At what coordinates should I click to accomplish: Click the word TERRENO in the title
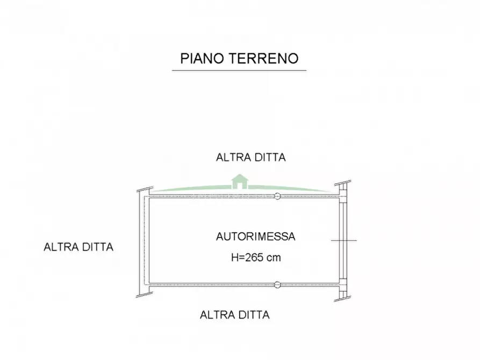click(263, 59)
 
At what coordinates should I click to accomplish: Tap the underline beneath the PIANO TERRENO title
click(239, 70)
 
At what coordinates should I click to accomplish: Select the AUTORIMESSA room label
click(256, 236)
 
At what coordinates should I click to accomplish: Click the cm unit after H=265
click(274, 258)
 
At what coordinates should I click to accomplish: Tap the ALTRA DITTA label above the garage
click(250, 157)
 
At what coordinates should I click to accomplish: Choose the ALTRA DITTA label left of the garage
click(78, 247)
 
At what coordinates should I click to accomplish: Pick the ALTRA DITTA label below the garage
click(234, 315)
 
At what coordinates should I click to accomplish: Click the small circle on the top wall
click(277, 196)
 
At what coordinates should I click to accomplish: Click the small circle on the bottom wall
click(277, 285)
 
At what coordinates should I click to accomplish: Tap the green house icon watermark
click(240, 182)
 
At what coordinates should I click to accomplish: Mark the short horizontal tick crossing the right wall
click(344, 241)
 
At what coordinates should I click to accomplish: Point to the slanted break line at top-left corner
click(145, 190)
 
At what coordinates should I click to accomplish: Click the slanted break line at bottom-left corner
click(145, 294)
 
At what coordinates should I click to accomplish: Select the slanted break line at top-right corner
click(342, 183)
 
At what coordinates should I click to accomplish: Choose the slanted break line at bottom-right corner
click(342, 299)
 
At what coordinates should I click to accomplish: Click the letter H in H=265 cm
click(234, 257)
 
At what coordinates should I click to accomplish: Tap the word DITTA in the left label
click(96, 247)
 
